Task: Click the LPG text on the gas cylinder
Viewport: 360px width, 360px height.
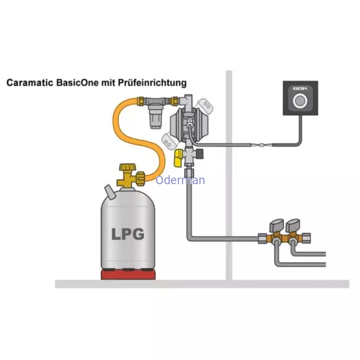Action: point(128,234)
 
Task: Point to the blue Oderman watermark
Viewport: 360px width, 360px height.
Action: point(180,180)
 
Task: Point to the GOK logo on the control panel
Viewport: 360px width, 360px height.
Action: point(300,88)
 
